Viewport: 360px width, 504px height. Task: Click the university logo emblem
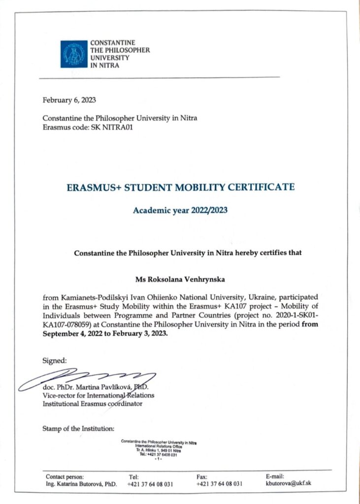(x=73, y=54)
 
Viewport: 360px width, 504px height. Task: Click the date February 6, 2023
(x=69, y=100)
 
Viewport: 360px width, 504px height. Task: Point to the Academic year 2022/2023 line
(x=180, y=211)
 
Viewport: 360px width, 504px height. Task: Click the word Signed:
(x=54, y=360)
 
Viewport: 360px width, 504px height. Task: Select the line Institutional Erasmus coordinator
(x=93, y=404)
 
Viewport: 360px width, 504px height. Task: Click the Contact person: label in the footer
(x=65, y=476)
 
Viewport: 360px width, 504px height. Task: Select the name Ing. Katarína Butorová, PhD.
(x=81, y=484)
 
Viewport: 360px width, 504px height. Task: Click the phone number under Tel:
(x=150, y=484)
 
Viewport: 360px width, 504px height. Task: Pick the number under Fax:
(x=219, y=484)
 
